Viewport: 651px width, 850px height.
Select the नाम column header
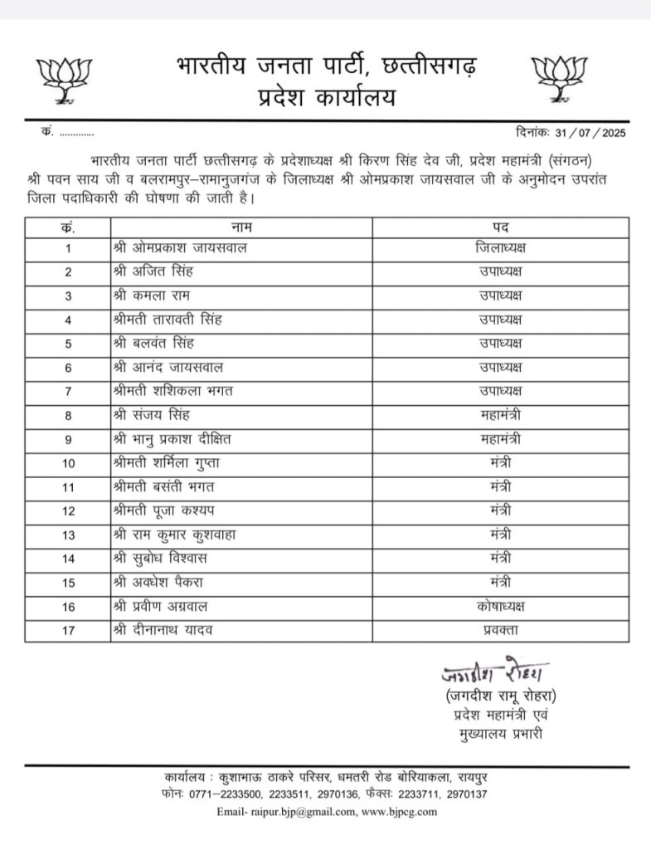(x=241, y=227)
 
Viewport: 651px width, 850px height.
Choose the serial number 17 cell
(x=68, y=631)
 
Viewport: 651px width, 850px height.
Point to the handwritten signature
(x=496, y=672)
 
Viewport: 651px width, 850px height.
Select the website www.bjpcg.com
(x=400, y=812)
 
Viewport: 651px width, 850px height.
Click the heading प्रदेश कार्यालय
(x=326, y=97)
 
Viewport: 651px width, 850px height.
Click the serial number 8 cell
(x=68, y=415)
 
